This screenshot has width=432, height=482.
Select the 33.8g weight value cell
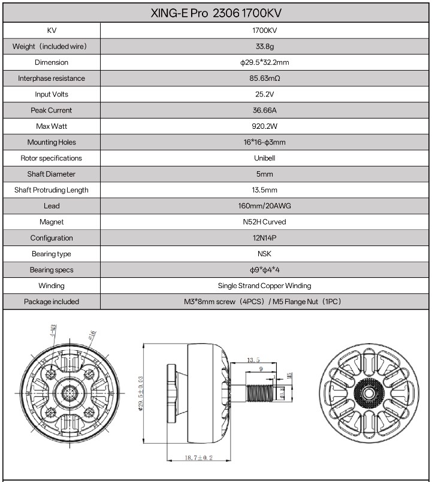[x=265, y=46]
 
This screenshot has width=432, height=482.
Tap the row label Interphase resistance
[x=52, y=78]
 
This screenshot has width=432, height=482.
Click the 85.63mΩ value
[x=265, y=78]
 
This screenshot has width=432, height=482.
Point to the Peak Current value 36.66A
[x=265, y=110]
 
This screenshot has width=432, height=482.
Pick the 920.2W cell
[x=265, y=126]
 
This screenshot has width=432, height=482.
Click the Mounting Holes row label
[x=52, y=143]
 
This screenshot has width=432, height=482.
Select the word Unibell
[x=265, y=158]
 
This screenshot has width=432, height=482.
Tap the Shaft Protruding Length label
[x=52, y=190]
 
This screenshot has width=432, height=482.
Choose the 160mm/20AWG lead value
[x=265, y=206]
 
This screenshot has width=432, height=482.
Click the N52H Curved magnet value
[x=265, y=222]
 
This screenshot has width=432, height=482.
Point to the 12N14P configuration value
[x=265, y=238]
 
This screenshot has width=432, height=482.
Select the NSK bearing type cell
[x=265, y=254]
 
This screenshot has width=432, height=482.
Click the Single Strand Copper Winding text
[x=265, y=286]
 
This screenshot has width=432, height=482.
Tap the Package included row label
[x=52, y=302]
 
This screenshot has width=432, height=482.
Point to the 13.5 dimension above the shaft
[x=253, y=360]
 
